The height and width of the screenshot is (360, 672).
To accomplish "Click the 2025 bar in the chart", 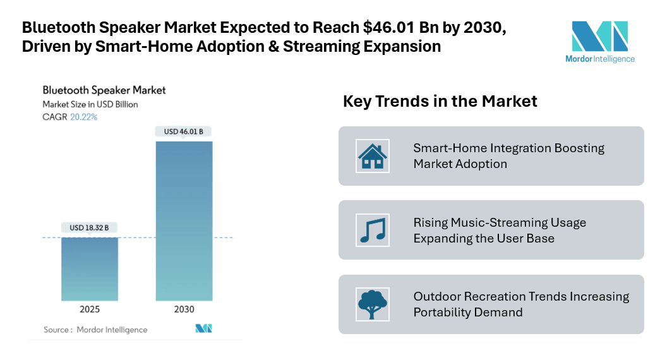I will (x=89, y=268).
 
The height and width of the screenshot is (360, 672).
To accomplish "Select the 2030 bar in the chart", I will (x=184, y=220).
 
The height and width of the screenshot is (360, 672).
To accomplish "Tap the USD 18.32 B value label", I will (x=89, y=227).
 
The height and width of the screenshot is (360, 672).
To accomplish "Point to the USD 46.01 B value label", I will (x=184, y=131).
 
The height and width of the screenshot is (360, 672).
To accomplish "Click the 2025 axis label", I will (x=89, y=309).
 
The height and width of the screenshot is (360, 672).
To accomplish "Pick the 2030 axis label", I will (x=184, y=309).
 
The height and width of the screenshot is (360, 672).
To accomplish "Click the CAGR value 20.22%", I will (x=83, y=117).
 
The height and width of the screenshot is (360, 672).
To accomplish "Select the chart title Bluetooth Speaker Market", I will (x=104, y=90).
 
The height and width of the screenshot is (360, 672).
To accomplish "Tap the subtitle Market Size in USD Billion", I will (x=90, y=104).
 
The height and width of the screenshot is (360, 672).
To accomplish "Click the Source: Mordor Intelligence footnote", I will (x=95, y=330).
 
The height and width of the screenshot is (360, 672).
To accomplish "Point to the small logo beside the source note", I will (x=203, y=328).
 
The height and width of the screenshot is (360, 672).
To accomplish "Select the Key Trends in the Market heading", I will (x=440, y=101).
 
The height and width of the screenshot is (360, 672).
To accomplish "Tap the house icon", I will (x=372, y=155).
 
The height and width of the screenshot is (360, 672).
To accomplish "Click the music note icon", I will (x=372, y=229).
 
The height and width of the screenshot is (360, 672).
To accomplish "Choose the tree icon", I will (x=372, y=304).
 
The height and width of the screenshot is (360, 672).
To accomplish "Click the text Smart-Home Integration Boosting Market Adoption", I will (x=508, y=155).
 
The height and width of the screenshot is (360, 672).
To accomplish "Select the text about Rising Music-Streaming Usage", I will (x=500, y=230).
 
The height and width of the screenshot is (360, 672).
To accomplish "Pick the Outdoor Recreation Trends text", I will (x=521, y=304).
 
